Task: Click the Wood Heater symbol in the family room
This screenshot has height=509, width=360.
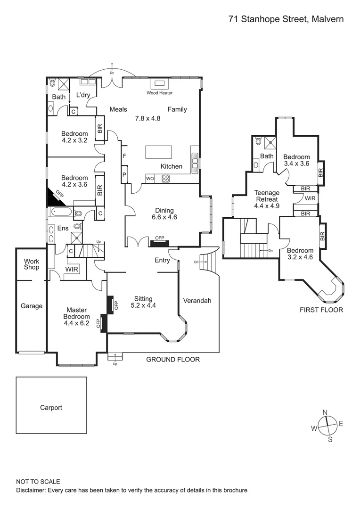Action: pos(159,84)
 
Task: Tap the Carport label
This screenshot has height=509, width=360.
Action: pos(51,408)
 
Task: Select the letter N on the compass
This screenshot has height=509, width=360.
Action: pos(325,412)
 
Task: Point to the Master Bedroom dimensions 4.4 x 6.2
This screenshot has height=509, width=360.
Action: pos(76,323)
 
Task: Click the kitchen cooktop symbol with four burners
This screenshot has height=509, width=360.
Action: pos(166,178)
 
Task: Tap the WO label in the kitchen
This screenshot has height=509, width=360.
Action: pos(150,179)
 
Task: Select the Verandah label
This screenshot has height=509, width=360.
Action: pos(197,300)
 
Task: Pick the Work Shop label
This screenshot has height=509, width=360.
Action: pos(32,264)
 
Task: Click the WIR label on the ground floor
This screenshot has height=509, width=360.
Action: pos(72,269)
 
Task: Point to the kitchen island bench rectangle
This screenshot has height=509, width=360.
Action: pos(159,153)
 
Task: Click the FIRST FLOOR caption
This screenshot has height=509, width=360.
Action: pos(321,310)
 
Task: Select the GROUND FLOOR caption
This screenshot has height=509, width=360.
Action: pos(172,359)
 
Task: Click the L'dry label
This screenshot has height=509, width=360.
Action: pos(83,95)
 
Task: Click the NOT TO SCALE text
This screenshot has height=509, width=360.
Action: pos(38,482)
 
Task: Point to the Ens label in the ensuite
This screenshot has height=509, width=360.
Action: pos(63,228)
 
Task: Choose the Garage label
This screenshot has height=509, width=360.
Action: pos(32,306)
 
